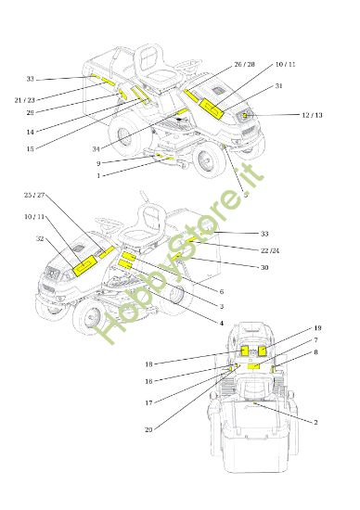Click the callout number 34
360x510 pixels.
click(x=96, y=149)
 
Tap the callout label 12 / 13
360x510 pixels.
click(x=312, y=115)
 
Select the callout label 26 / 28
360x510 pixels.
click(x=244, y=64)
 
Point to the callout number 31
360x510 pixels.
click(x=278, y=86)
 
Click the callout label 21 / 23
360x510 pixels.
click(x=25, y=100)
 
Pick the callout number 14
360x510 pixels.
click(x=31, y=132)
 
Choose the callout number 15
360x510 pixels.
click(x=31, y=149)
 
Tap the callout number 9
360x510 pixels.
click(x=98, y=163)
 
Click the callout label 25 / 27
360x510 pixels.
click(x=34, y=195)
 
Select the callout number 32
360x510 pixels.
click(x=40, y=238)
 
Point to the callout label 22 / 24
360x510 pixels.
click(x=270, y=250)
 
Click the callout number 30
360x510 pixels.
click(x=264, y=267)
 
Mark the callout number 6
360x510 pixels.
click(x=222, y=292)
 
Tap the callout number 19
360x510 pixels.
click(x=317, y=328)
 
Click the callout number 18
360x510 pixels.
click(x=148, y=364)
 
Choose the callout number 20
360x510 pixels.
click(x=148, y=429)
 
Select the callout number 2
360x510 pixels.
click(x=315, y=423)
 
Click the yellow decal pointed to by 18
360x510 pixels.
click(x=245, y=351)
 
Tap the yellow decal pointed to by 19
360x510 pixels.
click(x=263, y=351)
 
